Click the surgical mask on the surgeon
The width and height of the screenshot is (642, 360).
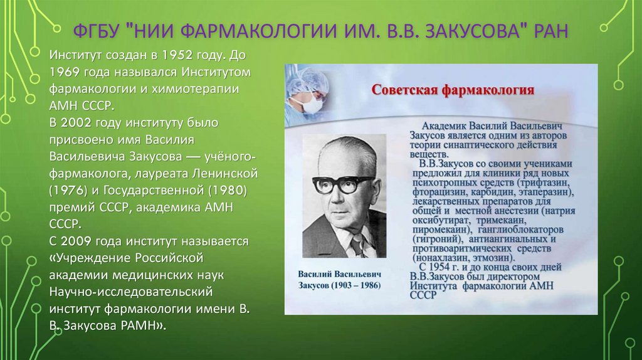(312, 104)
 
